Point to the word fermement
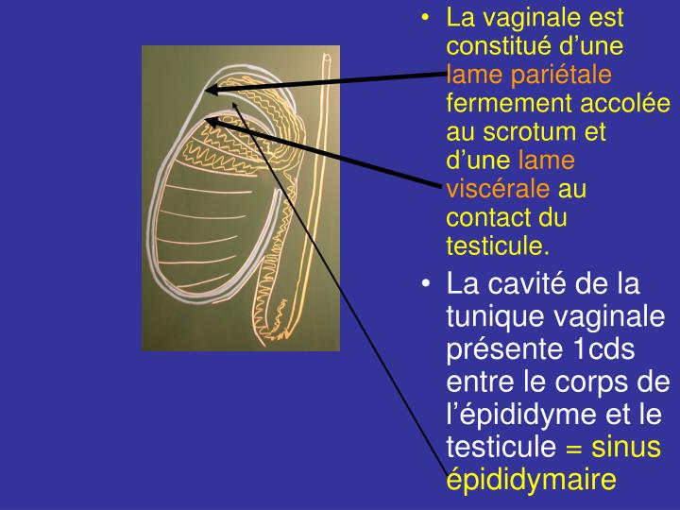(x=503, y=103)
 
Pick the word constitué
(x=499, y=45)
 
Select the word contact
(x=483, y=218)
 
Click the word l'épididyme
(x=526, y=415)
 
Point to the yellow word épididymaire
(x=531, y=480)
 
